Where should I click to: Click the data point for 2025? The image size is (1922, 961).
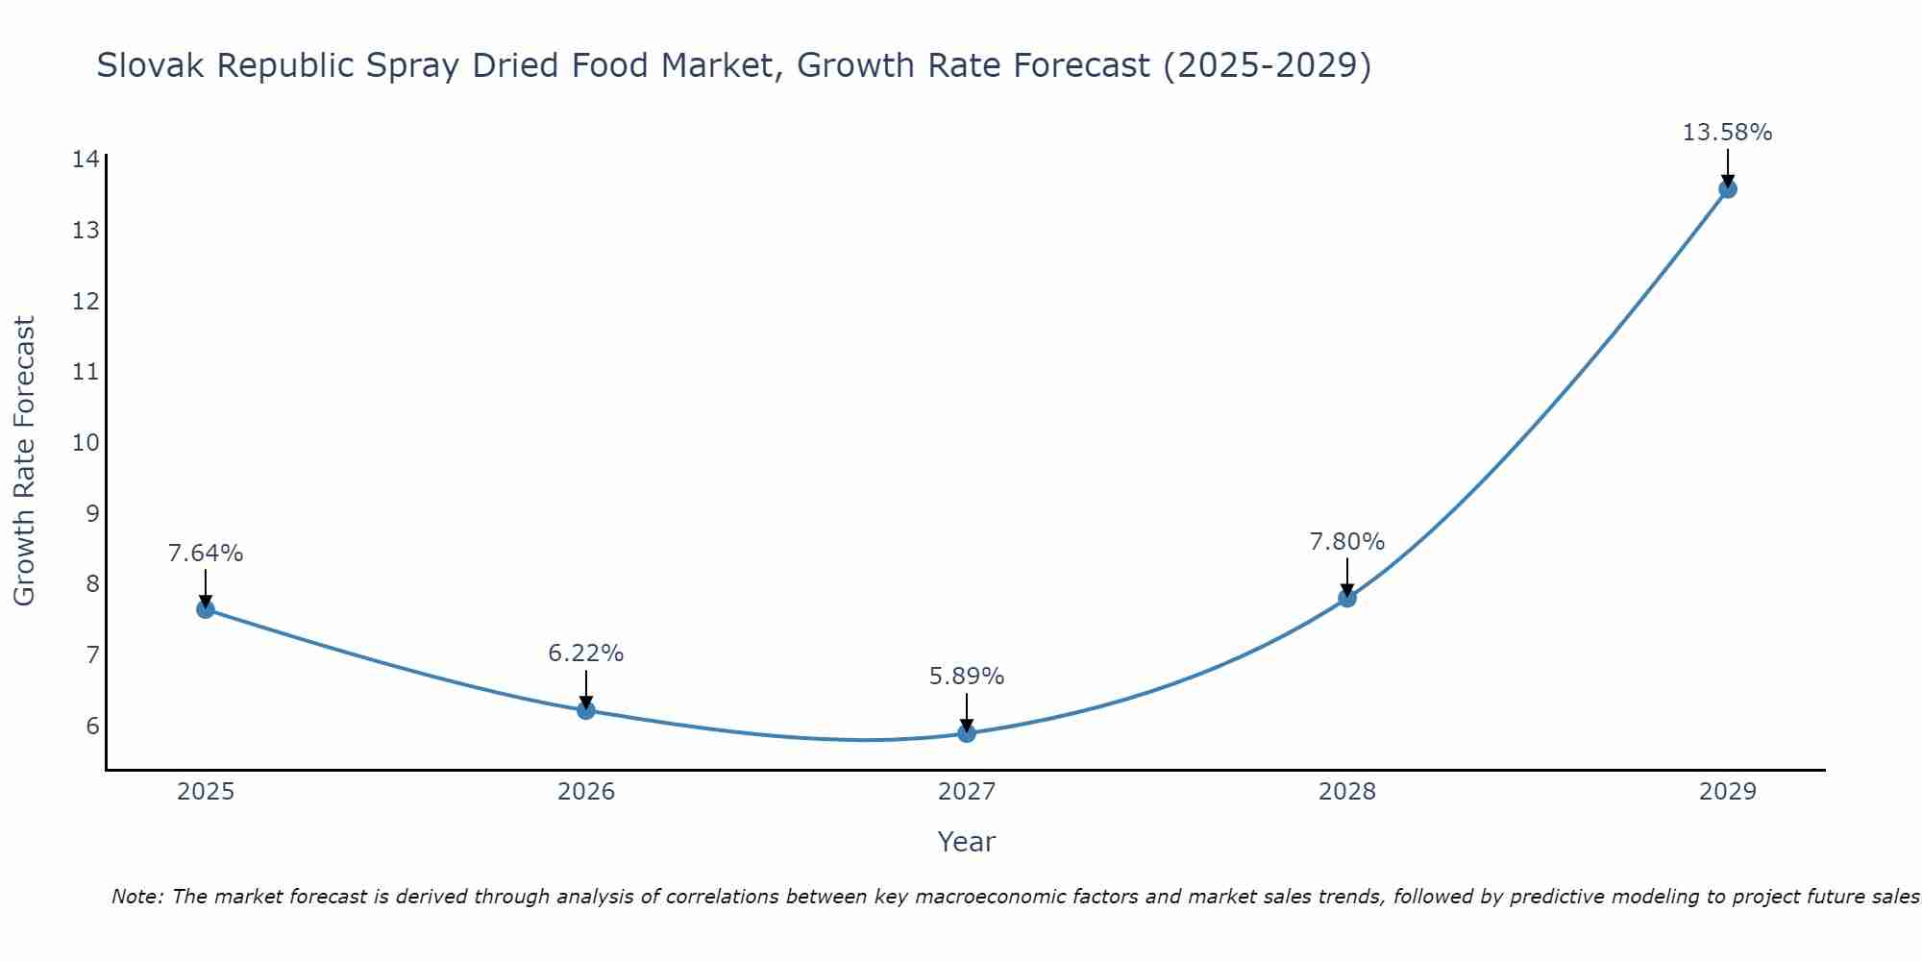tap(206, 608)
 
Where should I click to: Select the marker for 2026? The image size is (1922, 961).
tap(586, 710)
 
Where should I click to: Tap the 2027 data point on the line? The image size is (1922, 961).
tap(967, 733)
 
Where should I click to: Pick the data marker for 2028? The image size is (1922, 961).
tap(1347, 598)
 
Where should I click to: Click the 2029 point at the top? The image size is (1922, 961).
tap(1727, 188)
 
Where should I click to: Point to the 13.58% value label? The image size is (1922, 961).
tap(1727, 133)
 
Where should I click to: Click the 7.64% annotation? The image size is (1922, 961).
tap(206, 554)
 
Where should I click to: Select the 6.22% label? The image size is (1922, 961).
tap(586, 653)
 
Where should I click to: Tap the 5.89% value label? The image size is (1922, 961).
tap(967, 677)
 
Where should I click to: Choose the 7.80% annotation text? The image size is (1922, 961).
tap(1347, 542)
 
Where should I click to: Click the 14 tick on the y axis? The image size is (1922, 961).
tap(86, 160)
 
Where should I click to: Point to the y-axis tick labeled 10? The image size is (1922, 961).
tap(86, 442)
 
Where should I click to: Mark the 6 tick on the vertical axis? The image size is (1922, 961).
tap(92, 726)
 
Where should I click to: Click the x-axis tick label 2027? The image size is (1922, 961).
tap(967, 792)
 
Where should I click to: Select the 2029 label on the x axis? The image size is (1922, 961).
tap(1727, 792)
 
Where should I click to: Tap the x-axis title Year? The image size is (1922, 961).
tap(967, 842)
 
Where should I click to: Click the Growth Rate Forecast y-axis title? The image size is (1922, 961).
tap(24, 461)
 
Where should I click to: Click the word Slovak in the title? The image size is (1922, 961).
tap(152, 65)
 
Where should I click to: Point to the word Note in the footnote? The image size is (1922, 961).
tap(136, 897)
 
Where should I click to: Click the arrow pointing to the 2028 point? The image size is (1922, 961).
tap(1347, 577)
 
